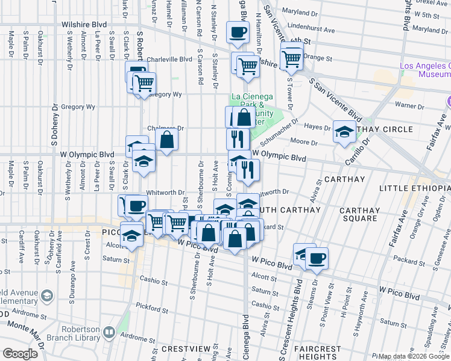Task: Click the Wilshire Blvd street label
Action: pyautogui.click(x=84, y=25)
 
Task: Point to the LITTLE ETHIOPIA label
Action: pyautogui.click(x=415, y=188)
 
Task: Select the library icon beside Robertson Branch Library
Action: pyautogui.click(x=109, y=332)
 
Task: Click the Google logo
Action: pyautogui.click(x=19, y=354)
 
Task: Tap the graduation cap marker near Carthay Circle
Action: pyautogui.click(x=344, y=132)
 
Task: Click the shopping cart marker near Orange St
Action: pyautogui.click(x=292, y=58)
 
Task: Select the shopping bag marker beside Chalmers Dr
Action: pyautogui.click(x=166, y=140)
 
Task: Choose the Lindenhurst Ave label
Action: pyautogui.click(x=311, y=29)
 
